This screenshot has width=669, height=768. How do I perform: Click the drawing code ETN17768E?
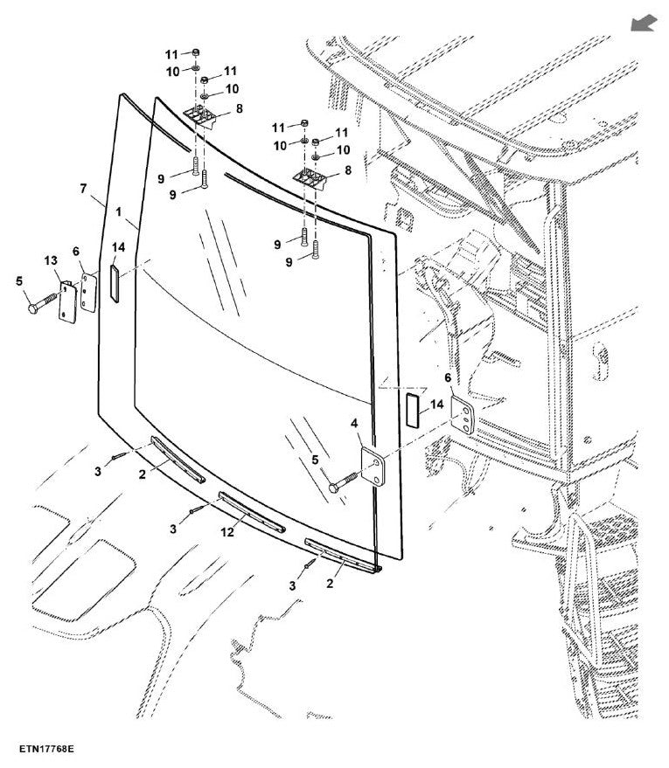46,749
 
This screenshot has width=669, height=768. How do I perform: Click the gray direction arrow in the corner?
644,23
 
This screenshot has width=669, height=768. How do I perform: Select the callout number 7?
83,188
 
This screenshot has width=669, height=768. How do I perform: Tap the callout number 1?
119,211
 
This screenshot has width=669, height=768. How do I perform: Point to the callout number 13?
51,260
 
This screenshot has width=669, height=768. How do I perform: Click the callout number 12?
226,532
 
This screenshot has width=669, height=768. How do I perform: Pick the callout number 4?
354,423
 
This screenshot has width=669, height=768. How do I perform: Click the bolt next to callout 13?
43,303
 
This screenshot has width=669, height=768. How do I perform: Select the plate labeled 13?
67,302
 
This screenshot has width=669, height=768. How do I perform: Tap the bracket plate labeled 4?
373,466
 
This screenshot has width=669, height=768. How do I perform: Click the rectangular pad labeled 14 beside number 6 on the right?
413,410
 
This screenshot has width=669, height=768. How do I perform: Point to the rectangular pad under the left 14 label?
115,283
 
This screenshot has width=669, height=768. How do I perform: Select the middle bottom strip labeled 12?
252,512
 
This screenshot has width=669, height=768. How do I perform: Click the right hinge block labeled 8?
310,180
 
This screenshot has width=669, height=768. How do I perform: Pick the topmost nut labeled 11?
196,52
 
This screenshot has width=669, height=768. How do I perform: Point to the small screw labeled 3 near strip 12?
197,509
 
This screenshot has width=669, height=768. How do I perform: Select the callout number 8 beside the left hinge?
239,108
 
